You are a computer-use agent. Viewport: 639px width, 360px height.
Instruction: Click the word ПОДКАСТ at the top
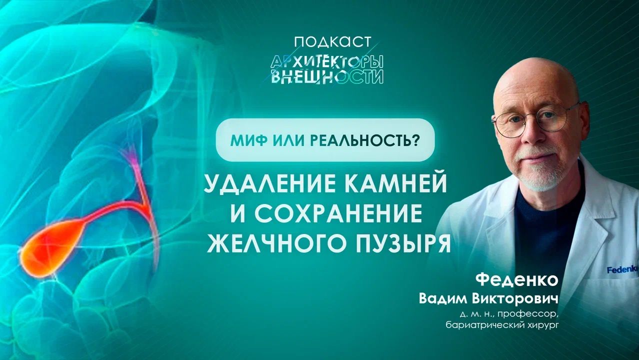(x=325, y=42)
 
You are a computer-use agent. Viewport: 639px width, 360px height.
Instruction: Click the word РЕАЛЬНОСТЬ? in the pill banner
(x=364, y=139)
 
